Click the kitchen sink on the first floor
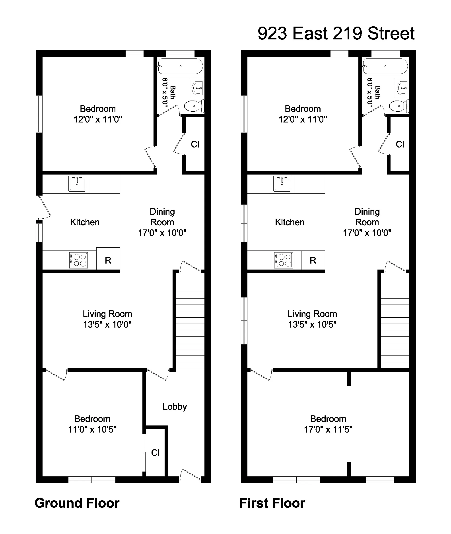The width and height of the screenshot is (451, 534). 282,184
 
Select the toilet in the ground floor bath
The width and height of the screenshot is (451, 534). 194,106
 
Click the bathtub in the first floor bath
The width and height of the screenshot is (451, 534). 385,66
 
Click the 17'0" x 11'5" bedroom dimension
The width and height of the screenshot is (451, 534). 328,429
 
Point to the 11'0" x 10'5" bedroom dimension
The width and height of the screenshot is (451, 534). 92,429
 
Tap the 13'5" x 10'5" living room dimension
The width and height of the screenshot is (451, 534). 312,324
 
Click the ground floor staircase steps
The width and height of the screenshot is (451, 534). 190,330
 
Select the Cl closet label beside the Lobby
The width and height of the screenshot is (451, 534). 155,453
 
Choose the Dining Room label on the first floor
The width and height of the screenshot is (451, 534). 367,217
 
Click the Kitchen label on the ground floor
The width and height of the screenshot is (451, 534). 85,222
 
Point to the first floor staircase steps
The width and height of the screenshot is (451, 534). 395,330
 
